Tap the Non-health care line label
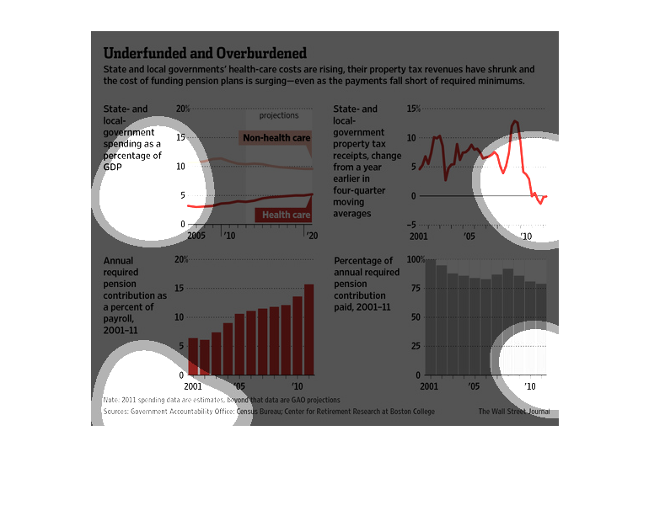[x=276, y=137]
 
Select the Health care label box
[x=286, y=215]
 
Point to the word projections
[x=278, y=115]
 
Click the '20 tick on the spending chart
[x=311, y=236]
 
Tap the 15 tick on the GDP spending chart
[x=180, y=137]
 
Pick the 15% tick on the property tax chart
[x=413, y=109]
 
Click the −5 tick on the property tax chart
[x=410, y=225]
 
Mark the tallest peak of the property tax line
[x=515, y=123]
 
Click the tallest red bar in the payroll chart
[x=308, y=329]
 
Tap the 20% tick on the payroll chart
[x=180, y=259]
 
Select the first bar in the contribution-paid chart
[x=430, y=316]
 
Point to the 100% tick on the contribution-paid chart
[x=416, y=259]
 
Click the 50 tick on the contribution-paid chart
[x=414, y=316]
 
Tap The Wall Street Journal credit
[x=513, y=412]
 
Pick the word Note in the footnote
[x=110, y=400]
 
